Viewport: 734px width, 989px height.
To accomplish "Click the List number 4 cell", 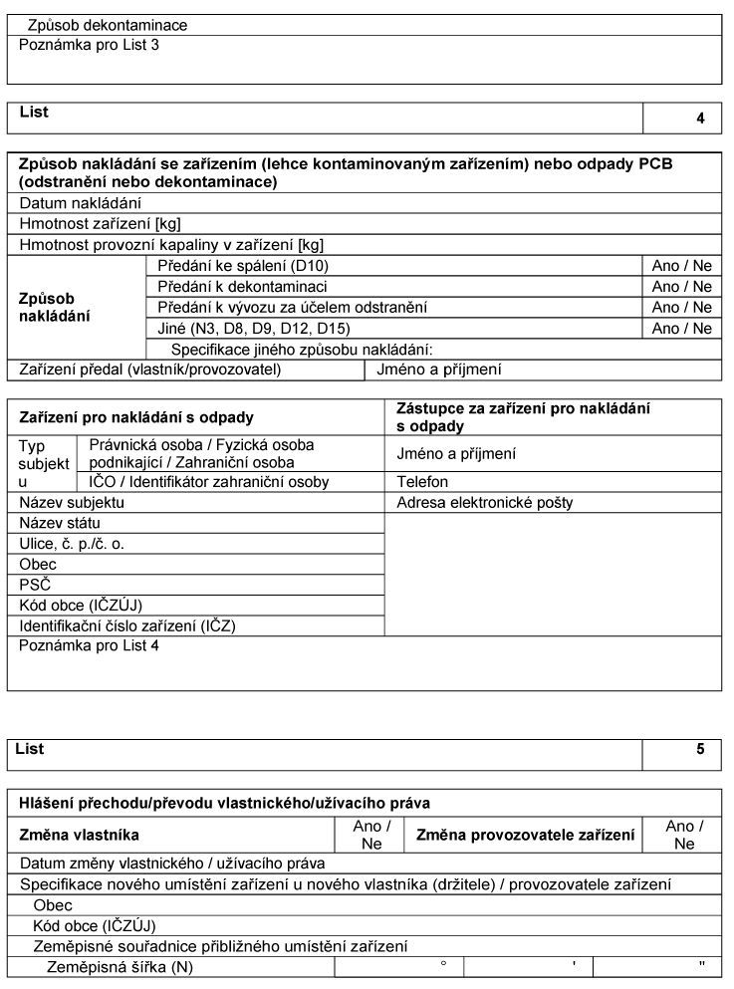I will [x=700, y=118].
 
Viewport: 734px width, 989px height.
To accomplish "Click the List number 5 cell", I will [x=700, y=750].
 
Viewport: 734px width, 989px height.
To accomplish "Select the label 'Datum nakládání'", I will [x=81, y=203].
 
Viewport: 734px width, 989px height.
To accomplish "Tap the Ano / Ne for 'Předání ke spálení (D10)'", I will [x=681, y=266].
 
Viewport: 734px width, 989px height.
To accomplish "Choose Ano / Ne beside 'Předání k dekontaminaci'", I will [x=681, y=287].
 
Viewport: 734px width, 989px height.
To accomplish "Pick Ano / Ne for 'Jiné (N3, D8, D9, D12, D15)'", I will [x=681, y=329].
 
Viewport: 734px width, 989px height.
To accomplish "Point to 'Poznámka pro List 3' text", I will [x=89, y=45].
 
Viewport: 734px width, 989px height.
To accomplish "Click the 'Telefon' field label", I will [x=421, y=482].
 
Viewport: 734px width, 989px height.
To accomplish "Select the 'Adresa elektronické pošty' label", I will [x=484, y=503].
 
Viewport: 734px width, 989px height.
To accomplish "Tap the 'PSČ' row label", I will [x=35, y=585].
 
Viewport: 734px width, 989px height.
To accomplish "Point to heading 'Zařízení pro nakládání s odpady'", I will [x=136, y=417].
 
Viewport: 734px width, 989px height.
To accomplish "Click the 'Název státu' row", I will [x=60, y=523].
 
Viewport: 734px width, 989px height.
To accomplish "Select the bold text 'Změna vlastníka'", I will [x=80, y=835].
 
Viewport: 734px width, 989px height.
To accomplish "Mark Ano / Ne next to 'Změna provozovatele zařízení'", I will [x=684, y=835].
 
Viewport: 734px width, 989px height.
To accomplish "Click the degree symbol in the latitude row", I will [x=443, y=964].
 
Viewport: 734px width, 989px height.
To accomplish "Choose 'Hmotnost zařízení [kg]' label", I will [x=100, y=224].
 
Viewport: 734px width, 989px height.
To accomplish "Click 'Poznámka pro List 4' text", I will [x=89, y=646].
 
